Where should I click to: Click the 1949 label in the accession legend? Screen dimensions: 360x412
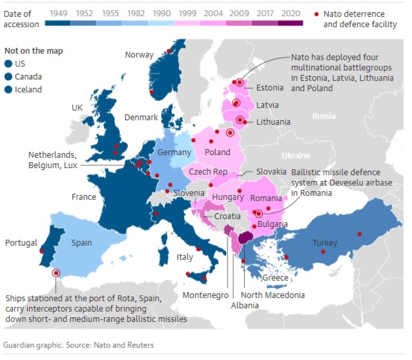58,14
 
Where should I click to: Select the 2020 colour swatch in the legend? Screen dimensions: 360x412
290,22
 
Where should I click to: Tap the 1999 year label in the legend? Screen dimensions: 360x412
186,14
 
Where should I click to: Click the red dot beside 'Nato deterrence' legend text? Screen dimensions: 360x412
316,14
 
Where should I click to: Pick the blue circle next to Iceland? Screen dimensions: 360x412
8,90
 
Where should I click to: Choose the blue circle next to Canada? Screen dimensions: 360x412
8,77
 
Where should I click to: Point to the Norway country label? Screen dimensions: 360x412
139,55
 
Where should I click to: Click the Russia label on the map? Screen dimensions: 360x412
324,116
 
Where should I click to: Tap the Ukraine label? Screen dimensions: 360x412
296,155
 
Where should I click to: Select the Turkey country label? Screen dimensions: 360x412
325,243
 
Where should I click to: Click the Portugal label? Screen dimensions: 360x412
21,243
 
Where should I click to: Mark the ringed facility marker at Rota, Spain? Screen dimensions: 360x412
56,273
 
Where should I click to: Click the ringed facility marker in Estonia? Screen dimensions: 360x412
240,82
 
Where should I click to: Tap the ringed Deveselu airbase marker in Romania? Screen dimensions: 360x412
258,213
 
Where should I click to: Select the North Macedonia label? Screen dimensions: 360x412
272,295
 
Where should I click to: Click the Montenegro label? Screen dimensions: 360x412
206,295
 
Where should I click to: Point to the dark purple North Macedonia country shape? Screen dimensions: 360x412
244,238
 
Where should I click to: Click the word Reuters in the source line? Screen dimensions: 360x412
141,345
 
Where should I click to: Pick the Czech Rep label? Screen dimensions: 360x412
207,172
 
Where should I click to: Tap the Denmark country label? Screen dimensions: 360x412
141,118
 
